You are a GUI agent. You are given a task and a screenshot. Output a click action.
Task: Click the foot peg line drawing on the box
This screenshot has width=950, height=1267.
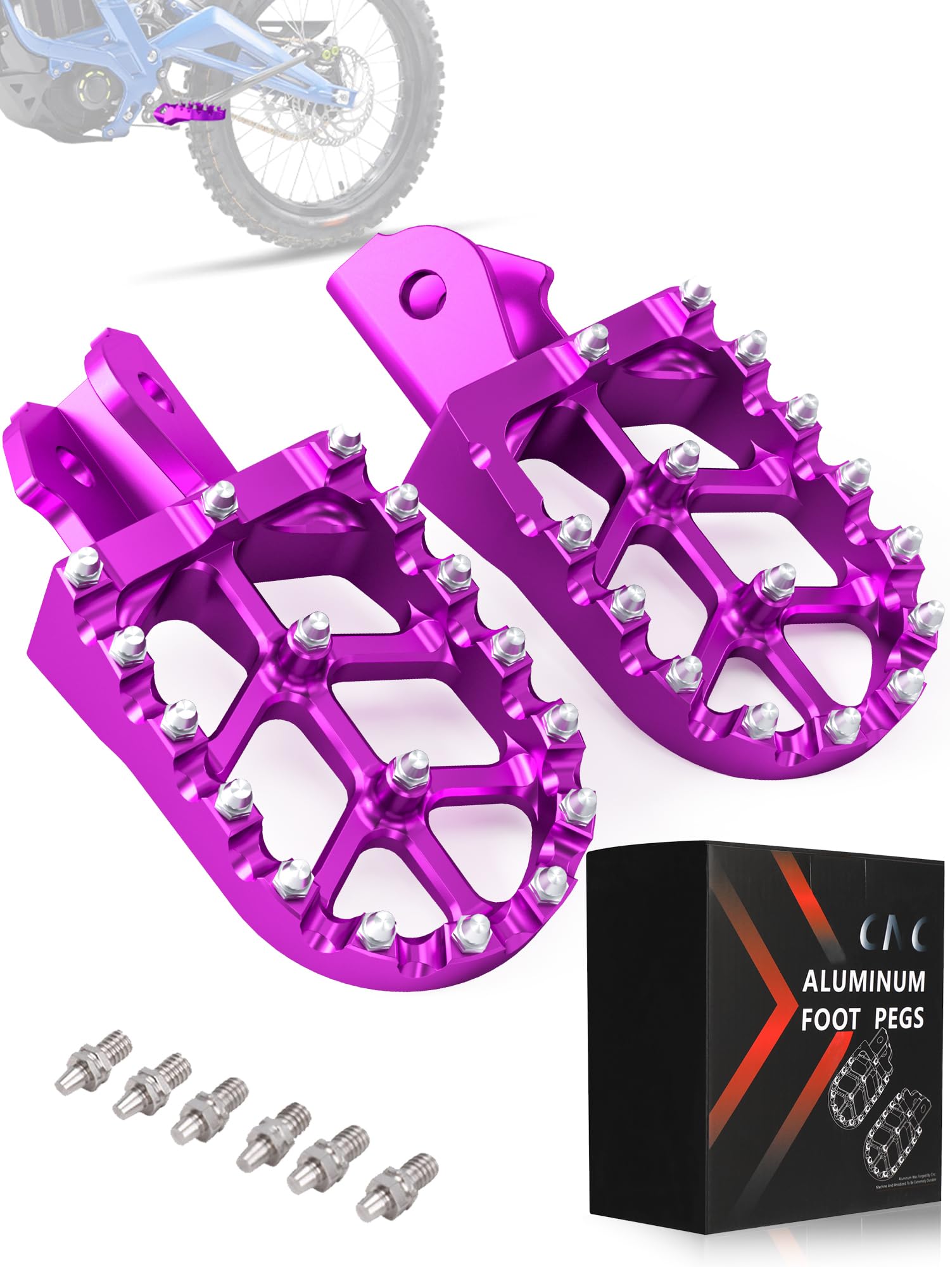coord(880,1102)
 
